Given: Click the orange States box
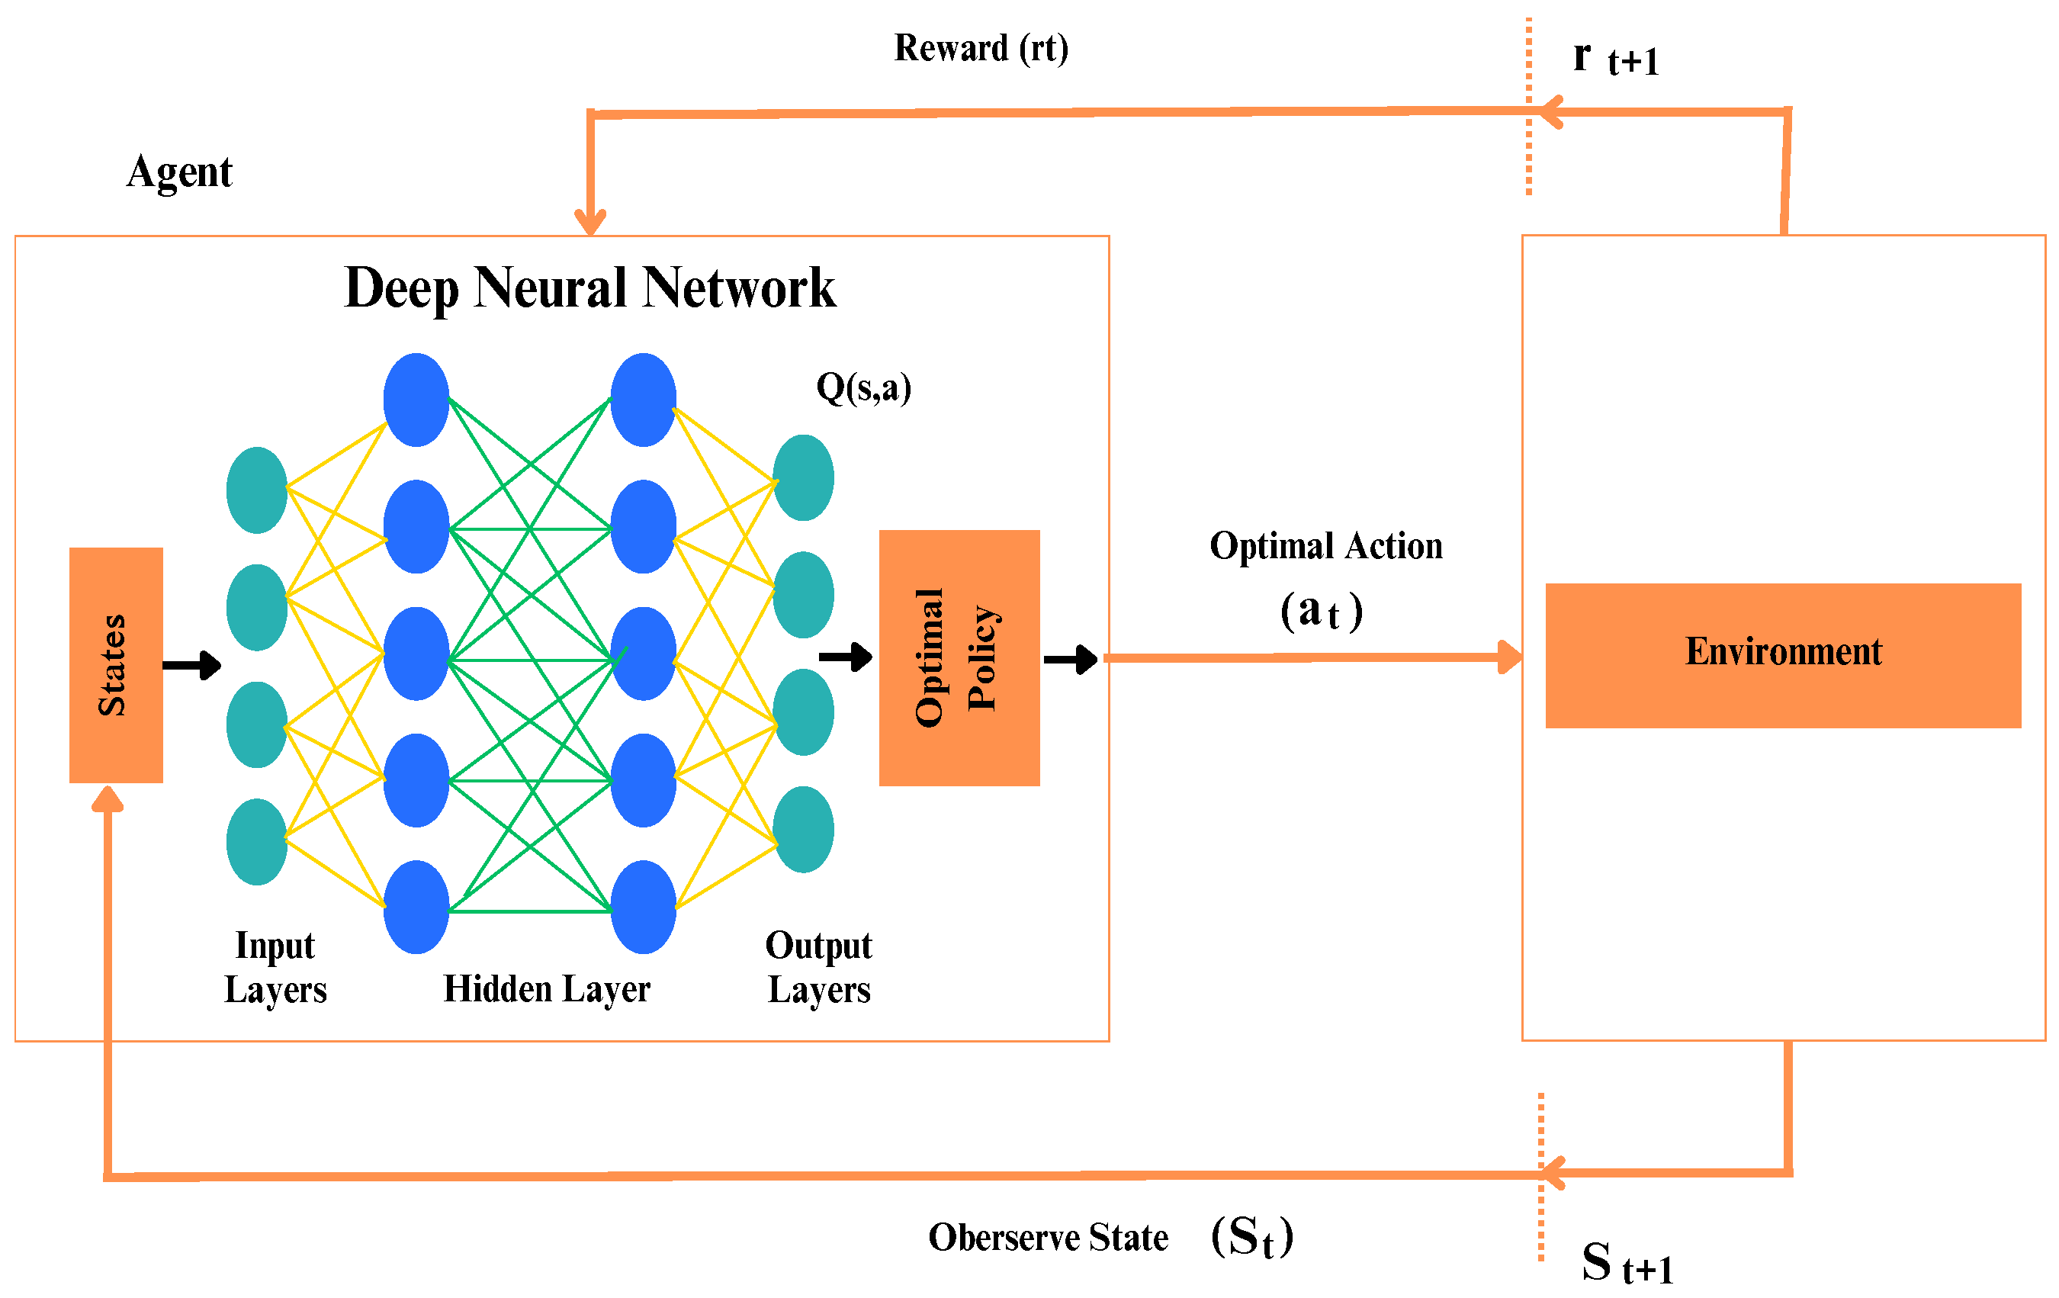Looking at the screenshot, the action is [x=116, y=664].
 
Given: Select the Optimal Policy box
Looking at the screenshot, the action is [x=959, y=657].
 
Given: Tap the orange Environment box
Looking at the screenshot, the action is [x=1783, y=656].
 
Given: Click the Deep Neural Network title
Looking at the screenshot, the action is [x=590, y=288].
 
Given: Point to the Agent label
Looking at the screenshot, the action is [x=179, y=172].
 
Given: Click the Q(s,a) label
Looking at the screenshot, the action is [x=863, y=388].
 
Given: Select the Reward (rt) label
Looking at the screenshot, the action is [x=981, y=49].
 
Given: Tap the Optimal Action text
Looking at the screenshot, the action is [x=1326, y=545].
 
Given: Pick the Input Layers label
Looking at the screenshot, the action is [x=275, y=967].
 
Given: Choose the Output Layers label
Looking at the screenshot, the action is [x=818, y=967].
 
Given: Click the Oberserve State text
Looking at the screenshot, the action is [x=1049, y=1237].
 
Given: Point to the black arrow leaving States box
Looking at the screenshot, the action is [x=191, y=664].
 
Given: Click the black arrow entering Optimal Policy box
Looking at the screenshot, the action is [x=846, y=657].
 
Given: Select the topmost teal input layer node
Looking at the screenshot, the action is [x=256, y=490].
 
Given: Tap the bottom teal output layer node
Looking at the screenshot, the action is [x=803, y=830].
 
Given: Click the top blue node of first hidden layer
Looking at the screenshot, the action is [x=416, y=400].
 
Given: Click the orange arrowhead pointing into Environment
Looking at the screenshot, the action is [x=1510, y=657].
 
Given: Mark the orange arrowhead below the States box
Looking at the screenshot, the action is [x=108, y=798].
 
